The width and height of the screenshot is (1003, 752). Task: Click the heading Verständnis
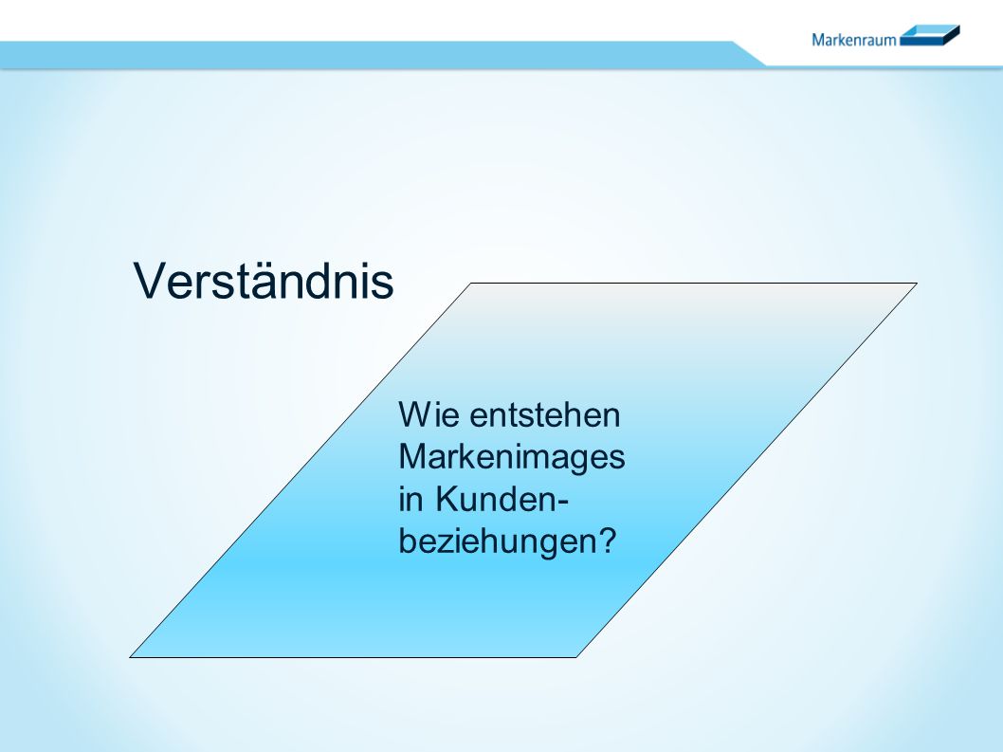(264, 281)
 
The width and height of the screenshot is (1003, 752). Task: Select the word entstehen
(545, 415)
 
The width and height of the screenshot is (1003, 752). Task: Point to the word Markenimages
(511, 458)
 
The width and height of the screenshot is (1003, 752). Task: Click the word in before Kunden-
(410, 499)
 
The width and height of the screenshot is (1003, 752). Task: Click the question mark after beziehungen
(605, 541)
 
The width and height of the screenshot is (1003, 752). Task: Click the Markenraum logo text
(854, 40)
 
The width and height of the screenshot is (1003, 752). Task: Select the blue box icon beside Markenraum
(930, 35)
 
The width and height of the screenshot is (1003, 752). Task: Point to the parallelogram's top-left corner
(471, 283)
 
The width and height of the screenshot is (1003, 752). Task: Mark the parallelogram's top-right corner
(917, 283)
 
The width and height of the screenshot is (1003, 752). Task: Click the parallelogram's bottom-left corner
(130, 657)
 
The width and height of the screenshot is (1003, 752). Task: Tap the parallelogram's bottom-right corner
(576, 657)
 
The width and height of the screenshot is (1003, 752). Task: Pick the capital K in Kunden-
(447, 499)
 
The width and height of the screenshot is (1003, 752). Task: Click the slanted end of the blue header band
(748, 54)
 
